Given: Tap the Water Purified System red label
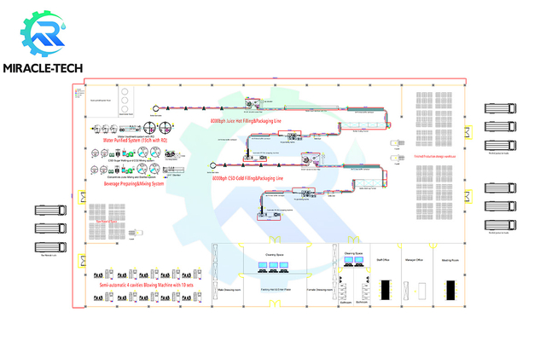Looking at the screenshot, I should tap(129, 141).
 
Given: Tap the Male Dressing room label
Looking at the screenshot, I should tap(231, 290).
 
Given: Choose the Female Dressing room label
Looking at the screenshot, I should tap(318, 290).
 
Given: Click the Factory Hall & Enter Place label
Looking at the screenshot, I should tap(275, 290).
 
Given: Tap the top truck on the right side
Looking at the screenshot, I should tap(500, 110).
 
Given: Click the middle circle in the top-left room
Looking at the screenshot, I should tap(126, 100).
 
